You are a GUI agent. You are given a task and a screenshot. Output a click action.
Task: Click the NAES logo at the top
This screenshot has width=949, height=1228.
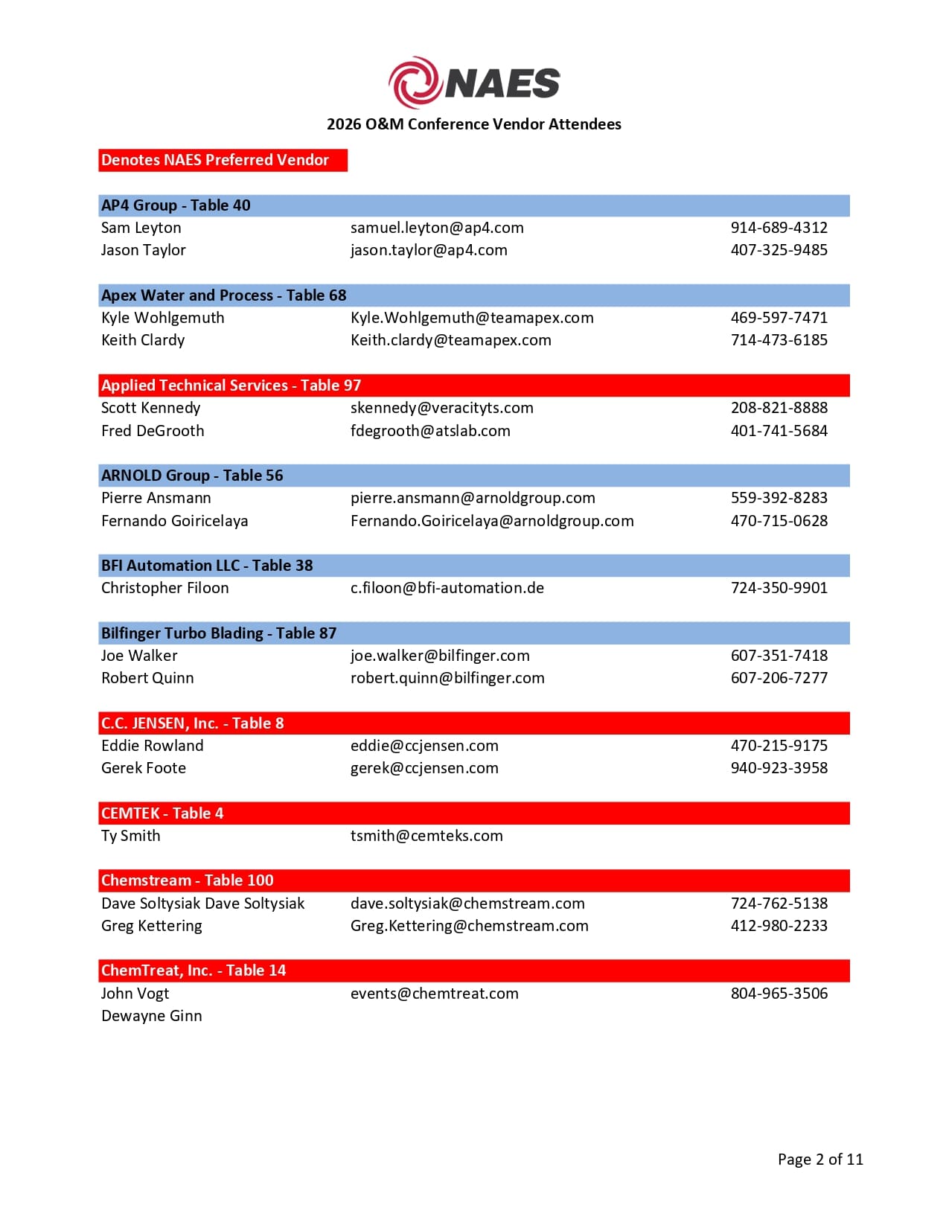tap(474, 82)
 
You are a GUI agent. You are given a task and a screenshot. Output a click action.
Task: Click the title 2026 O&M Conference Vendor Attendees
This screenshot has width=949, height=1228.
tap(473, 124)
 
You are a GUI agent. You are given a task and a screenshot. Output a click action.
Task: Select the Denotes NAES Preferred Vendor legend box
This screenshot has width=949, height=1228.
tap(223, 160)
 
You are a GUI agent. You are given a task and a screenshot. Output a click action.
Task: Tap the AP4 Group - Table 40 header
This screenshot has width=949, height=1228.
tap(176, 205)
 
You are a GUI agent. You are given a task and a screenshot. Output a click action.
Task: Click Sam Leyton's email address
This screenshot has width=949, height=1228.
tap(437, 228)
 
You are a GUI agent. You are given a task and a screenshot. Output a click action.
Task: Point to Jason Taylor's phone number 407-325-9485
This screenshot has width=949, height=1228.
tap(779, 250)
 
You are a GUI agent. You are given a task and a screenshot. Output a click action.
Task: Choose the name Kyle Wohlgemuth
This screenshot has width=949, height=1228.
tap(162, 318)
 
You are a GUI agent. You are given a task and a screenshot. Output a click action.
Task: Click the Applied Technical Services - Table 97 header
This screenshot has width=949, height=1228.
tap(231, 386)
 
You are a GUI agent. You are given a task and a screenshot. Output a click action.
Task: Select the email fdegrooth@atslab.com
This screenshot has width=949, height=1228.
tap(430, 431)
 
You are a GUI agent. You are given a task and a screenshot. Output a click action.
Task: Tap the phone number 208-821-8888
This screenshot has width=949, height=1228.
tap(779, 408)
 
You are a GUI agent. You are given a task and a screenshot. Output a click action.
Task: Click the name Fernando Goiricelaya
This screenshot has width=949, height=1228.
tap(174, 521)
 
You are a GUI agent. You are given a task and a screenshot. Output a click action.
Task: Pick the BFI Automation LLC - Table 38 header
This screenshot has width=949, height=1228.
tap(207, 566)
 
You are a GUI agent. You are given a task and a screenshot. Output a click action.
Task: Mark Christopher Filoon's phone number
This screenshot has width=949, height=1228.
tap(779, 588)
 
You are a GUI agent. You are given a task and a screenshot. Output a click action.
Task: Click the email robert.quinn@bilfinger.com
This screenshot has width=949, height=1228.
tap(447, 678)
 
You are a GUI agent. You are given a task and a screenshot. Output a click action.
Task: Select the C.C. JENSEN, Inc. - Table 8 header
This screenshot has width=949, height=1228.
tap(192, 723)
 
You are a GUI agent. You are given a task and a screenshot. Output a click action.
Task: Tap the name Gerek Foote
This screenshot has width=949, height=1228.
tap(144, 768)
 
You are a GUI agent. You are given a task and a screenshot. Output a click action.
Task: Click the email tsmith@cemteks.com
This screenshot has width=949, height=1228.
tap(426, 836)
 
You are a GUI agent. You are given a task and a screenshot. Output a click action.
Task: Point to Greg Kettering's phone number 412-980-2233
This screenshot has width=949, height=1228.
tap(779, 926)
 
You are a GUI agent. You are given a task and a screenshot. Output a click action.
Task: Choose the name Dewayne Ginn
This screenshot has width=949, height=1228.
tap(151, 1016)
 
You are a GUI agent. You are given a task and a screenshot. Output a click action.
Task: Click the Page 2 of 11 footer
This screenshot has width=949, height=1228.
tap(820, 1160)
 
